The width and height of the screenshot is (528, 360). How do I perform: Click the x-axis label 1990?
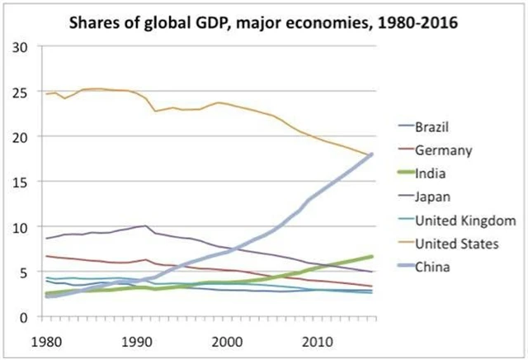pyautogui.click(x=137, y=341)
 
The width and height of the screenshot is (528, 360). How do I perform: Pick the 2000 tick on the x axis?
pyautogui.click(x=228, y=341)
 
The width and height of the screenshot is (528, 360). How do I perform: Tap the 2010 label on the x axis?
pyautogui.click(x=318, y=341)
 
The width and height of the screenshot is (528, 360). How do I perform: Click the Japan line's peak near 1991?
pyautogui.click(x=145, y=225)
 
